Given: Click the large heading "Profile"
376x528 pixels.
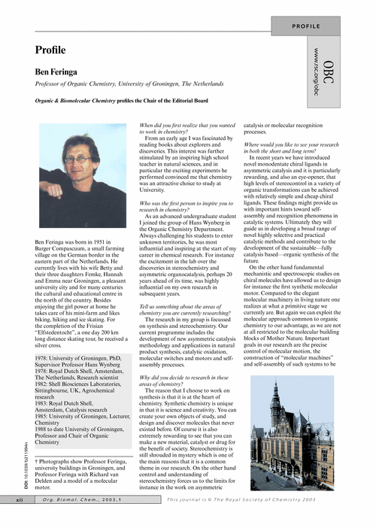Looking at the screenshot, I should pos(50,50).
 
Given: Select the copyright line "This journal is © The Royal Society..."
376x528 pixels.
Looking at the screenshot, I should pos(241,520).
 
